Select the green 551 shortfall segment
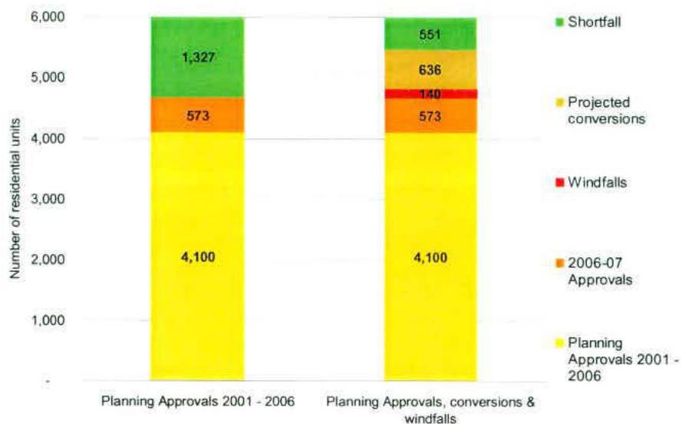430,34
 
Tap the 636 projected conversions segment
430,70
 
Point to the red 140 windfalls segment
430,93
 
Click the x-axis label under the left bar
197,402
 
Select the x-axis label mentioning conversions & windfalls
430,408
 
